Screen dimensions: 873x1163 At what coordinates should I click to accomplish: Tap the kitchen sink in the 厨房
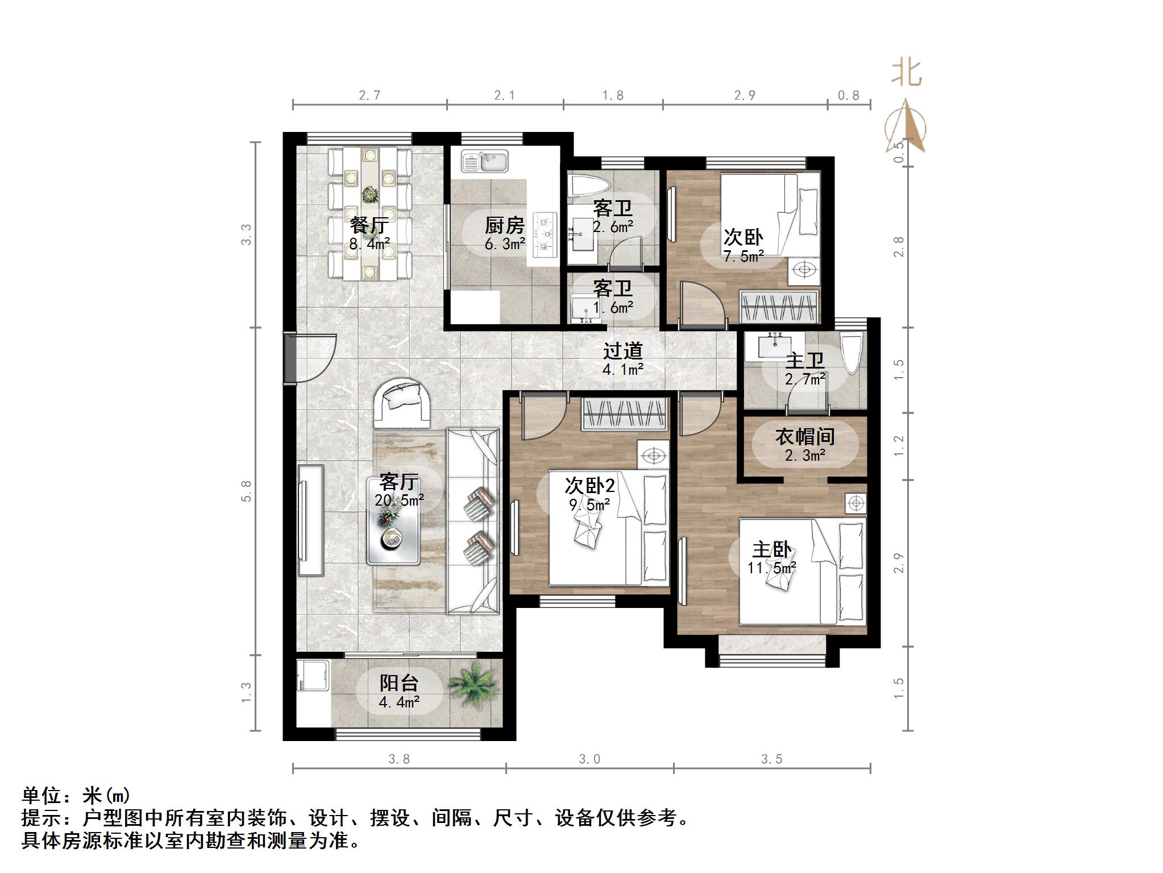click(x=485, y=161)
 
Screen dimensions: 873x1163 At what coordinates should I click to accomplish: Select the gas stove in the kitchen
click(x=546, y=233)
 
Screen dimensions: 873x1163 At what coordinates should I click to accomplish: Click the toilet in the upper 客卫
click(x=589, y=186)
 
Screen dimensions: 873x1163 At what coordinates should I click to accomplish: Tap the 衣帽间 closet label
click(x=805, y=437)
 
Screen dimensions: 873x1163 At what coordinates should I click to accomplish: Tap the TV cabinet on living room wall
click(x=310, y=520)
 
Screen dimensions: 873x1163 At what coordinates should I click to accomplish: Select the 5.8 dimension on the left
click(x=246, y=491)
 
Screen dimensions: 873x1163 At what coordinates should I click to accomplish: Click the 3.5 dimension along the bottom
click(x=771, y=759)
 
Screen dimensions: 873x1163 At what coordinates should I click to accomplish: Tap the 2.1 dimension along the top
click(x=504, y=96)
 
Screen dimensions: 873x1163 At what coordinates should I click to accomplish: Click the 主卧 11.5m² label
click(x=771, y=557)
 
